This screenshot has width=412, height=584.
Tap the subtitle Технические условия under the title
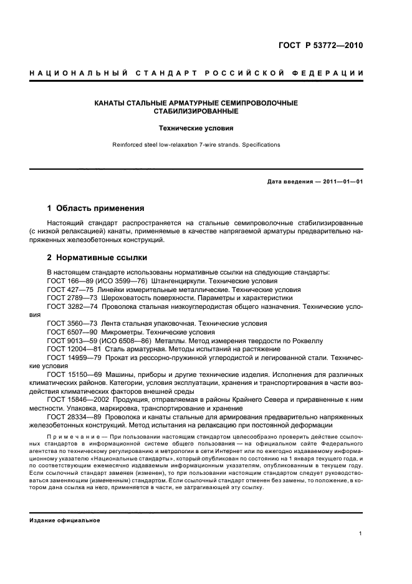(195, 129)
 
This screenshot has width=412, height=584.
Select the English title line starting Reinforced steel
(195, 145)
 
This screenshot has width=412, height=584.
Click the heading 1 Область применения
(96, 208)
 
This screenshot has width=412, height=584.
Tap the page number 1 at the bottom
(361, 533)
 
